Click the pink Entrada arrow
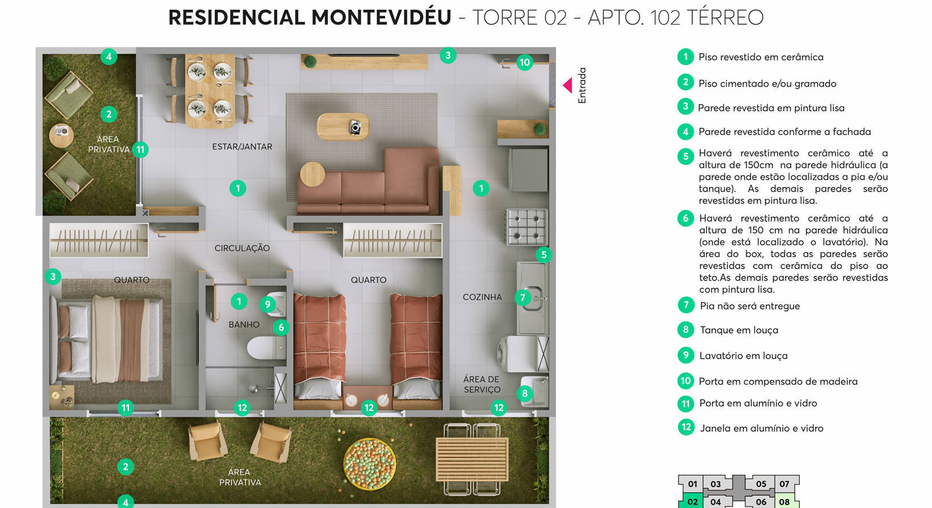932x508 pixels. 568,86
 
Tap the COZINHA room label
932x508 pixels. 482,297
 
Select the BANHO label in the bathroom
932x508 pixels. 244,324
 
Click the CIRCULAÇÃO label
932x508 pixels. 242,249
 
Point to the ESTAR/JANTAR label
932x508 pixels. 242,147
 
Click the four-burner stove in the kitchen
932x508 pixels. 526,227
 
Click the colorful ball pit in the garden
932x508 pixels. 369,464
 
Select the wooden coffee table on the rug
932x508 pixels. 343,127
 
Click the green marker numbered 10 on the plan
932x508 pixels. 525,63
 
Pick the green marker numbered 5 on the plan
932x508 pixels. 544,255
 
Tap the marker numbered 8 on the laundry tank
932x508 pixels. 525,393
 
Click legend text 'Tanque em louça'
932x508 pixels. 739,330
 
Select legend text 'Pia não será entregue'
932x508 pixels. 750,306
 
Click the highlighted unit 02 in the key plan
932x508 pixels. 692,501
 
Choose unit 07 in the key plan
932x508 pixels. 785,484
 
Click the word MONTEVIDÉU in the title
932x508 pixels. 381,18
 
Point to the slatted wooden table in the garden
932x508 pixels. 472,459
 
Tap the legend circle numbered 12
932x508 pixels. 686,427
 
